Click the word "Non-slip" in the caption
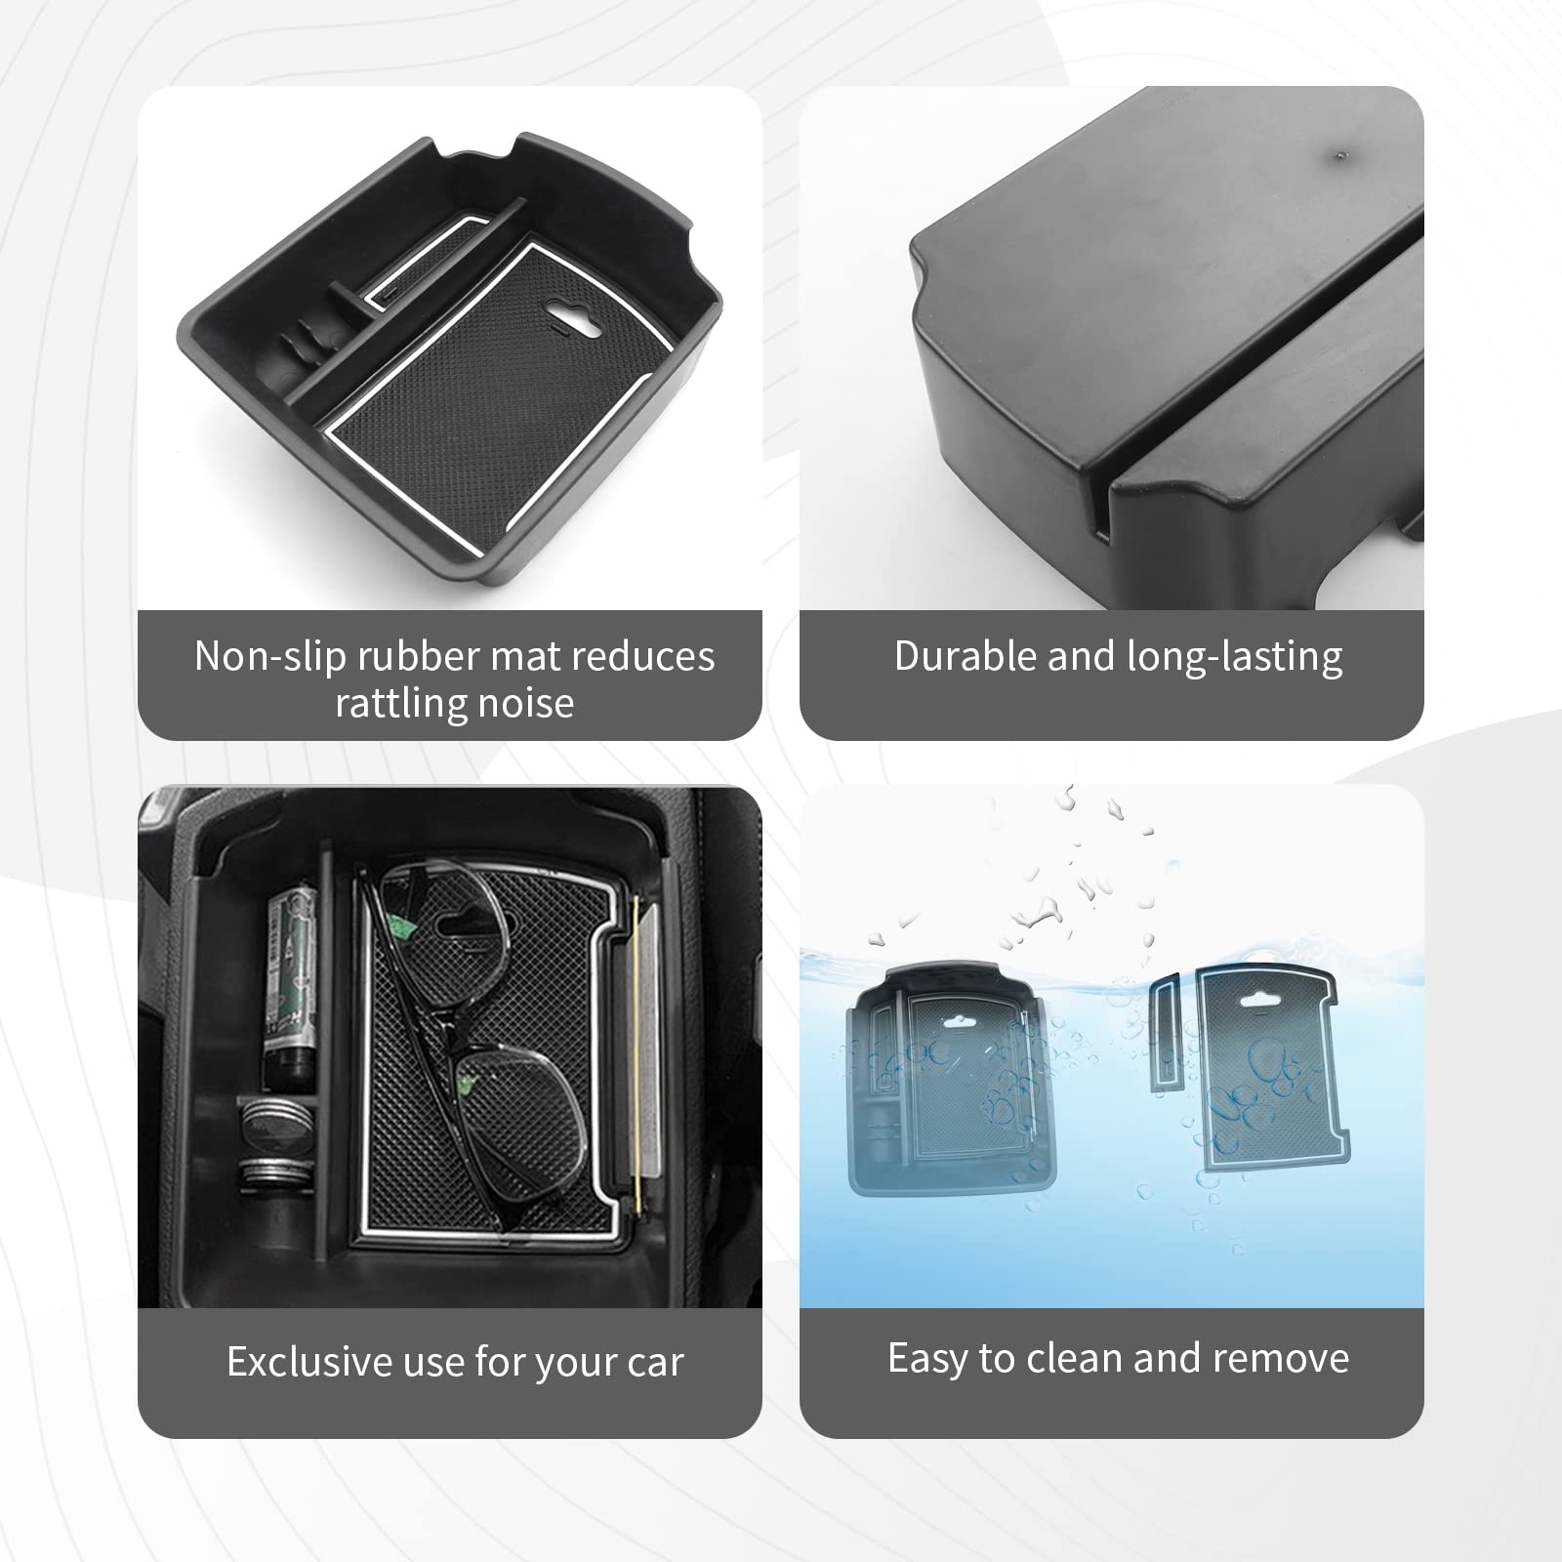point(268,656)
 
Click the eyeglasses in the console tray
point(464,1035)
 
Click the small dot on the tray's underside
point(1340,154)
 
